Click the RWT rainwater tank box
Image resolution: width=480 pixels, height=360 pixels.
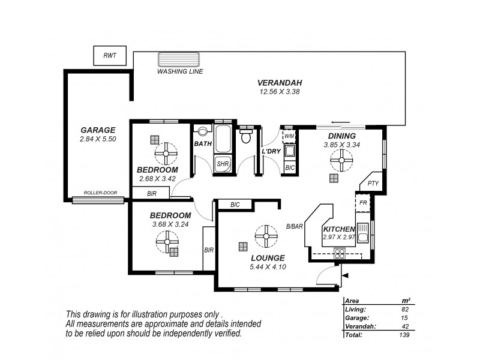tap(109, 55)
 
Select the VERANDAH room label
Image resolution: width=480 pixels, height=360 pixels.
tap(279, 83)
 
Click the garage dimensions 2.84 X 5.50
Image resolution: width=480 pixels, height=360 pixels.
tap(97, 139)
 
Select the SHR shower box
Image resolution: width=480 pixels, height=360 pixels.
tap(222, 164)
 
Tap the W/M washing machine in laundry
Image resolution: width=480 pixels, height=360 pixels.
tap(289, 136)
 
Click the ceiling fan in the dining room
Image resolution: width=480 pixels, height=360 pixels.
tap(341, 160)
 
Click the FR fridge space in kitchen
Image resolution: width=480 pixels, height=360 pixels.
tap(363, 203)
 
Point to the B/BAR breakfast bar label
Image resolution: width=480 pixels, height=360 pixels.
tap(294, 226)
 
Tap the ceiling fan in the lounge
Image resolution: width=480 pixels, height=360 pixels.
tap(264, 236)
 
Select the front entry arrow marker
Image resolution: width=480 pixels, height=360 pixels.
tap(346, 276)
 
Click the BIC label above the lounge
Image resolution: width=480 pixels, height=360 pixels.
tap(235, 205)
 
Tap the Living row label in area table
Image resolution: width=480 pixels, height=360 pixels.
tap(355, 309)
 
